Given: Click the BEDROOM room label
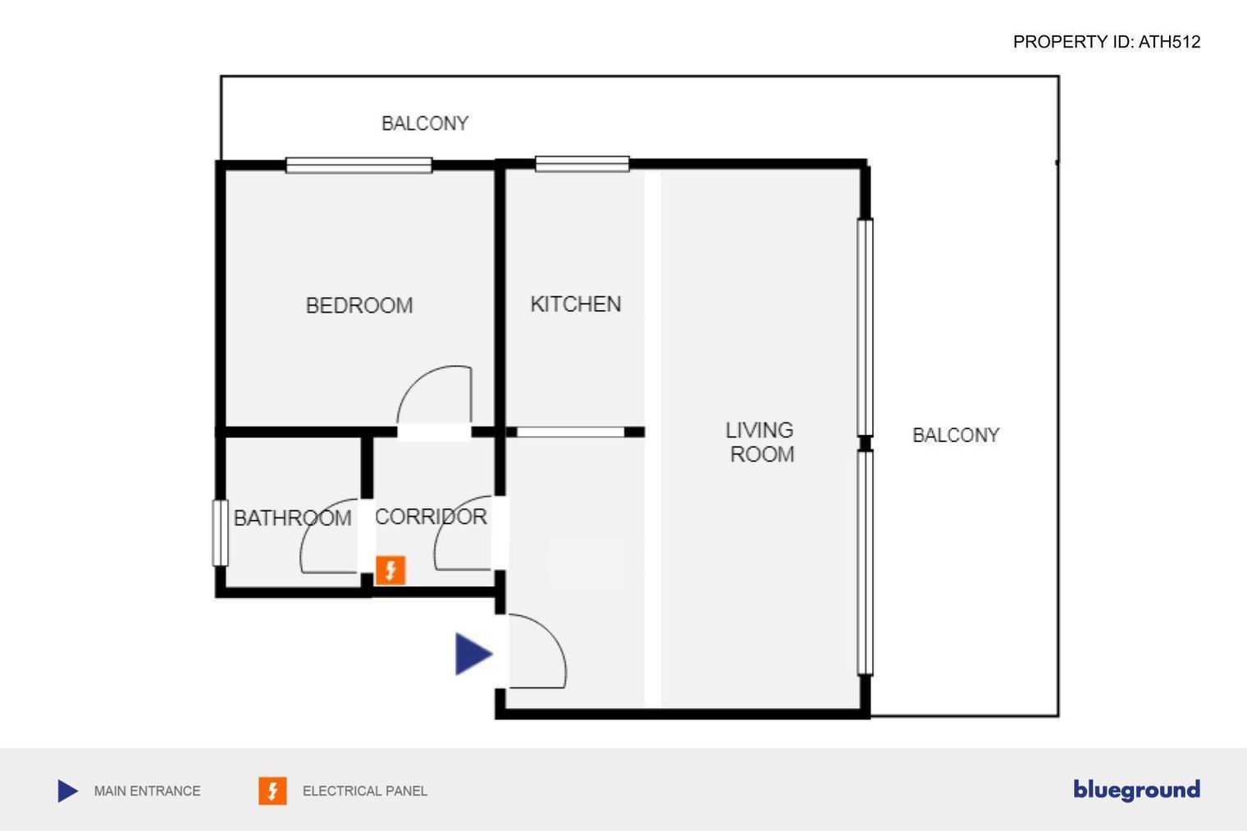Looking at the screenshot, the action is click(x=359, y=305).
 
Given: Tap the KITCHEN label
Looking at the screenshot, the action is click(x=576, y=304).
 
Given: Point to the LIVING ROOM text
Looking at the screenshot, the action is click(x=761, y=442).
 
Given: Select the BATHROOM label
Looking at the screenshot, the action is click(x=292, y=518).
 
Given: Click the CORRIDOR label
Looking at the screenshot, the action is click(x=431, y=517).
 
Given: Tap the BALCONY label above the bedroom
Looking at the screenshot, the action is click(x=425, y=123).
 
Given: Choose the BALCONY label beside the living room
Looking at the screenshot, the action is click(x=956, y=435).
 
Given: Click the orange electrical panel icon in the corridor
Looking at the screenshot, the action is click(x=391, y=570).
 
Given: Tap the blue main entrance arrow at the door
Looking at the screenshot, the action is click(x=473, y=654).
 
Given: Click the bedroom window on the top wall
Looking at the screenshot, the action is click(x=359, y=166).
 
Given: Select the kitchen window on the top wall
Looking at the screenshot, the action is click(x=582, y=164).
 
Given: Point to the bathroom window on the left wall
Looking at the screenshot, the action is click(x=221, y=532).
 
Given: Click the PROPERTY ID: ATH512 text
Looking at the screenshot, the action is click(x=1107, y=42).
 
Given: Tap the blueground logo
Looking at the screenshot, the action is click(x=1137, y=790).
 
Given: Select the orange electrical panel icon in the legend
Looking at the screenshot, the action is click(x=272, y=791).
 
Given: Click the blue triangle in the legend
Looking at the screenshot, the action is click(x=68, y=791).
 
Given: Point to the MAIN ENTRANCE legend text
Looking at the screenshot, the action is click(x=147, y=791).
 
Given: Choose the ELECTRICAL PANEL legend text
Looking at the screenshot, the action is click(x=364, y=791).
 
